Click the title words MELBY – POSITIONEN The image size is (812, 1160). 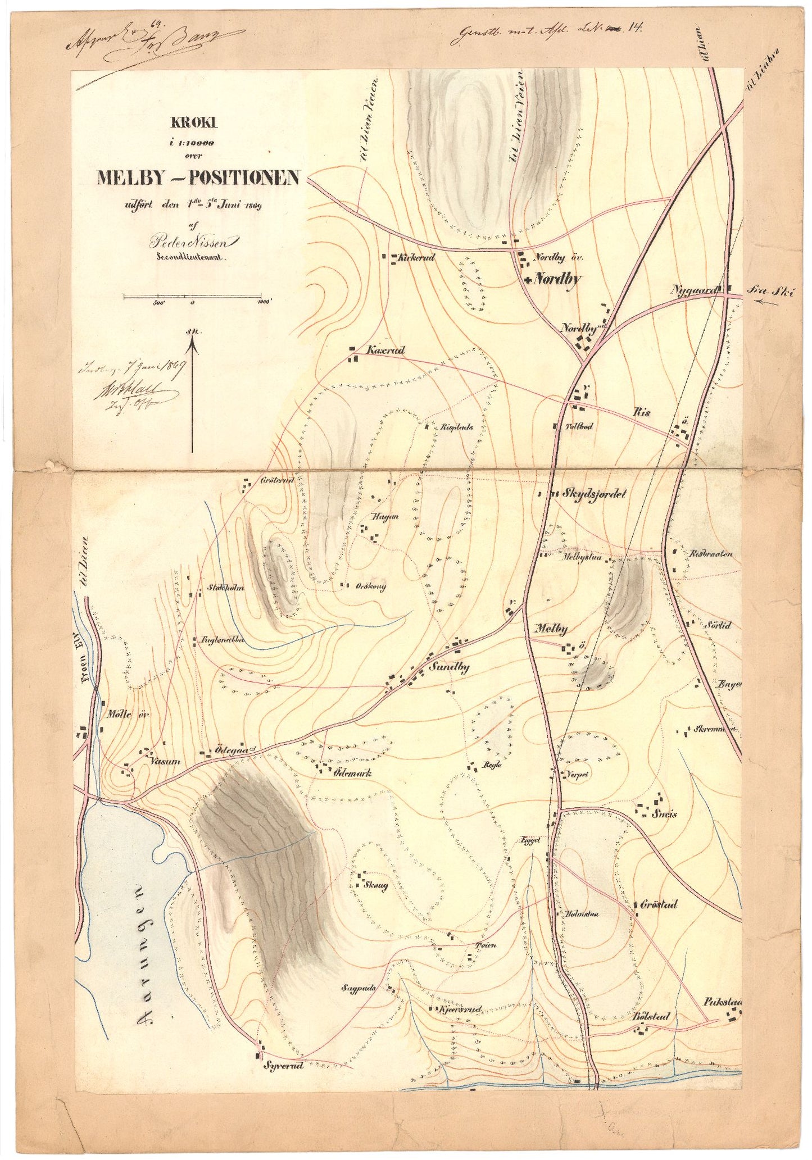pyautogui.click(x=198, y=178)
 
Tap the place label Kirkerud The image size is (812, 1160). pyautogui.click(x=416, y=258)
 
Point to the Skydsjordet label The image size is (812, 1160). pyautogui.click(x=593, y=494)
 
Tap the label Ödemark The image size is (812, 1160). pyautogui.click(x=352, y=773)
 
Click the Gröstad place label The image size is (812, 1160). pyautogui.click(x=659, y=904)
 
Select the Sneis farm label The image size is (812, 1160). pyautogui.click(x=664, y=814)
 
